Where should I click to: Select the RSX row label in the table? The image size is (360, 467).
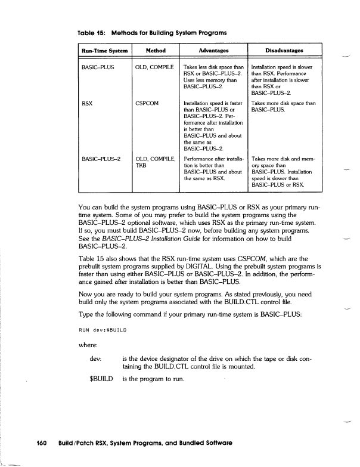(x=87, y=104)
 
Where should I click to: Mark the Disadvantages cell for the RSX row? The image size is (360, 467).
(x=283, y=107)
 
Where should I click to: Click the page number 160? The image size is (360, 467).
(x=42, y=444)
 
